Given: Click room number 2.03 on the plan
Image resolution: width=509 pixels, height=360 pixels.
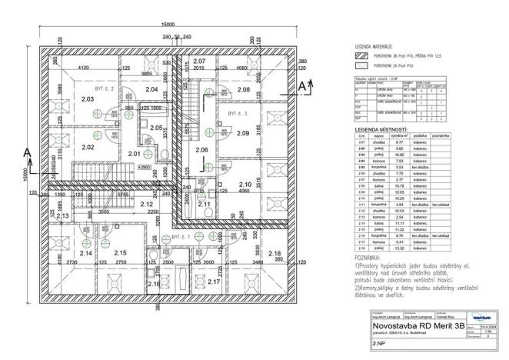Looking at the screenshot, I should coord(87,99).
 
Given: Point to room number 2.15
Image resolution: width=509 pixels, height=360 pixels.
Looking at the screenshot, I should coord(120,252).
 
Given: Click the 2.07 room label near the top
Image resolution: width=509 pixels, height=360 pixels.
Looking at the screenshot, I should coord(199,61).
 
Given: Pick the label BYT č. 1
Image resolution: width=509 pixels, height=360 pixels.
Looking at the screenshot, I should coord(181,238).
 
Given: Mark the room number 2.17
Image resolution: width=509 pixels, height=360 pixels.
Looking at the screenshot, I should coord(214,282).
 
